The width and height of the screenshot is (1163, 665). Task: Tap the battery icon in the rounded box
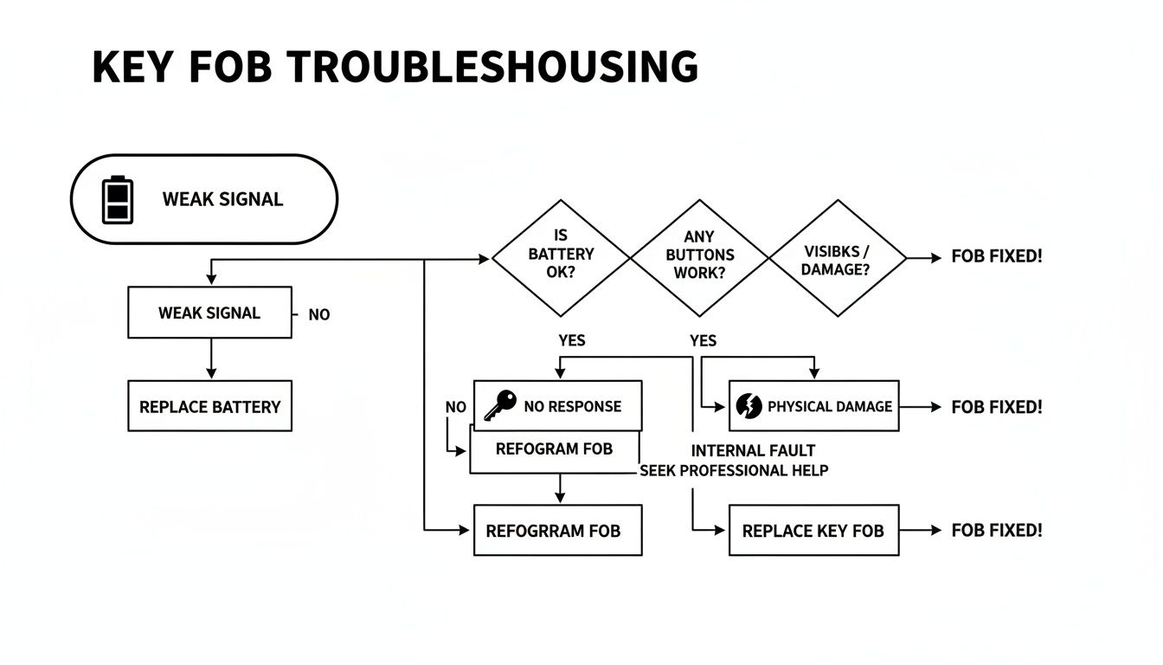(x=119, y=199)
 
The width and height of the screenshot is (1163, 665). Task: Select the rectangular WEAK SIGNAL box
(x=209, y=313)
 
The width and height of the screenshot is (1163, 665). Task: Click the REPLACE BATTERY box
(x=209, y=406)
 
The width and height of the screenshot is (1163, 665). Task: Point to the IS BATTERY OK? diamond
(x=561, y=258)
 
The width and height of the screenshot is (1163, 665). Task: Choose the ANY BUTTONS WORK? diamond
(x=698, y=258)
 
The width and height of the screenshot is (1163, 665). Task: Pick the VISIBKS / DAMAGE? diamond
(x=837, y=258)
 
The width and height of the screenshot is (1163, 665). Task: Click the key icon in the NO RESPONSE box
(x=499, y=405)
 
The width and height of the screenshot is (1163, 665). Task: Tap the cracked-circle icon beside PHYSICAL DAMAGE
(x=747, y=406)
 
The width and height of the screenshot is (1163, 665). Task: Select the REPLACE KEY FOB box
(x=813, y=530)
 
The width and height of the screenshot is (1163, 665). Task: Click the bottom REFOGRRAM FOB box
(x=557, y=530)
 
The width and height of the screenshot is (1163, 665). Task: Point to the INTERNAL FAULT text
(x=753, y=450)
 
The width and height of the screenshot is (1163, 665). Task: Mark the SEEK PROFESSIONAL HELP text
(x=734, y=470)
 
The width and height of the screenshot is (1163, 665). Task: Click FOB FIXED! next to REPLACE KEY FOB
(x=997, y=530)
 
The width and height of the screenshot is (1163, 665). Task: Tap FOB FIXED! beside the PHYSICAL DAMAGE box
(x=997, y=406)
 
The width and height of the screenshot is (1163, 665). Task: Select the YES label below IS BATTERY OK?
(x=572, y=340)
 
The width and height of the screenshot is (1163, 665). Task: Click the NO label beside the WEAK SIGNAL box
(x=319, y=314)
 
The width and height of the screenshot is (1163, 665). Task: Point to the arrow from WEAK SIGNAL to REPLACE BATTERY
(x=210, y=358)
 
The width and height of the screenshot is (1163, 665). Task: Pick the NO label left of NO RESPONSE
(x=456, y=407)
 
